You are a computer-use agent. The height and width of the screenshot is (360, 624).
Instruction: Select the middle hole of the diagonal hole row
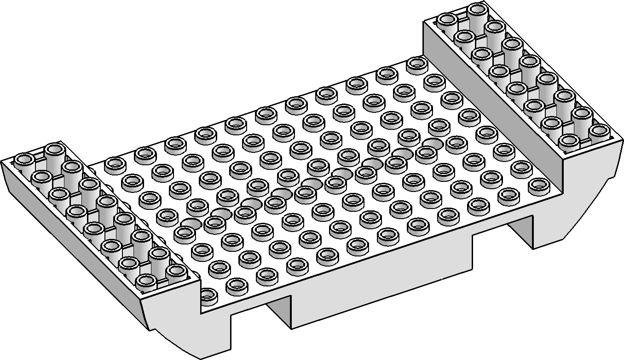(x=311, y=184)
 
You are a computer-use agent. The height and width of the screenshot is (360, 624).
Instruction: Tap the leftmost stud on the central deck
(x=115, y=163)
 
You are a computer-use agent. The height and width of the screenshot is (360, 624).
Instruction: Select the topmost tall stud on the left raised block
(x=54, y=150)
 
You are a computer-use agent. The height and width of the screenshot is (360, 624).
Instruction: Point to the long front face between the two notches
(x=382, y=276)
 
